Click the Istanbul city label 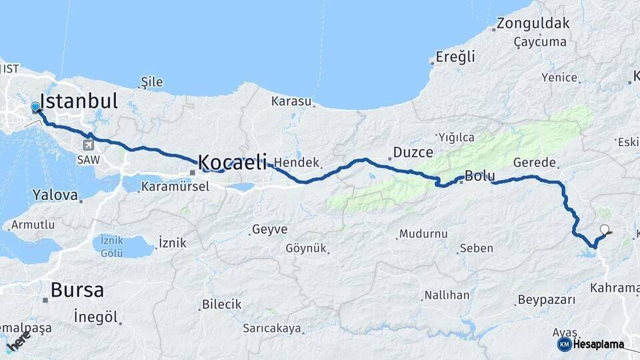point(79,101)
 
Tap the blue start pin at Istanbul point(35,107)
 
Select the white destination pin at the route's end point(605,230)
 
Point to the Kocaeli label point(233,162)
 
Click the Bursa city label point(77,291)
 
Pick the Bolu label point(479,177)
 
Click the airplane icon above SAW point(89,145)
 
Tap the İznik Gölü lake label point(111,246)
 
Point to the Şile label point(152,83)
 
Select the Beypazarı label point(546,300)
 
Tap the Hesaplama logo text point(598,344)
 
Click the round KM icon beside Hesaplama point(564,344)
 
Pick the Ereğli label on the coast point(455,57)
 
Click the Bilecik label point(221,304)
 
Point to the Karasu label point(291,101)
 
